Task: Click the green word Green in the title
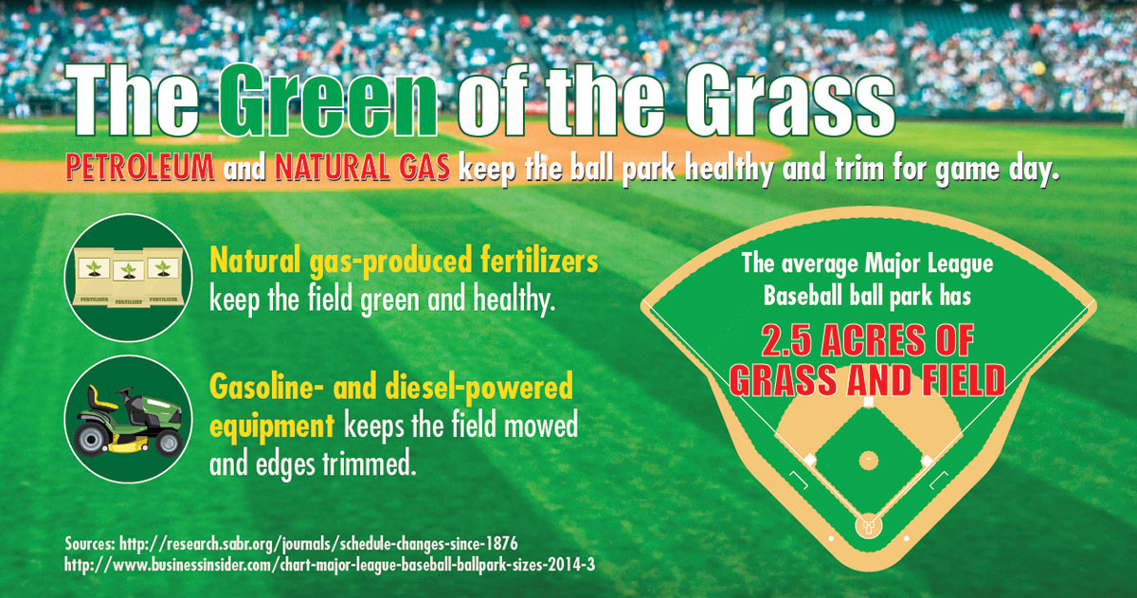click(x=329, y=100)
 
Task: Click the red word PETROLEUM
click(x=140, y=167)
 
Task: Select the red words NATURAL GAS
click(x=362, y=167)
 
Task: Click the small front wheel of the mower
click(x=169, y=444)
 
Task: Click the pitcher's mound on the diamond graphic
click(x=869, y=461)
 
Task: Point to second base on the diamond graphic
click(x=869, y=402)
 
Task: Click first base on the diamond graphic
click(x=927, y=461)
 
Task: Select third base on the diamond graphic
click(x=809, y=461)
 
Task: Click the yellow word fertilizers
click(x=539, y=261)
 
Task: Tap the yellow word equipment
click(x=272, y=426)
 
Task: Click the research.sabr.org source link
click(x=318, y=544)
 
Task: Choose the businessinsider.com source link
click(x=330, y=565)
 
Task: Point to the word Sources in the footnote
click(x=90, y=544)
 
